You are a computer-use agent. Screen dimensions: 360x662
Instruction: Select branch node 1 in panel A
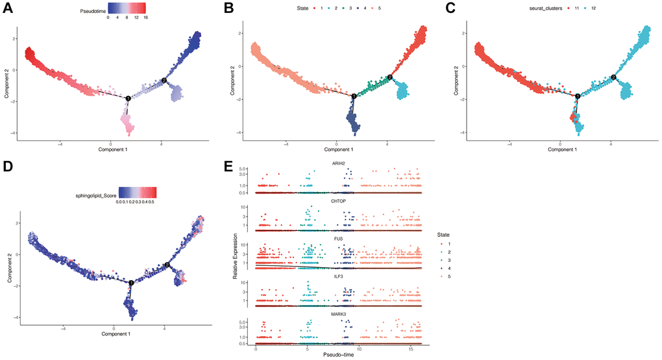(x=129, y=98)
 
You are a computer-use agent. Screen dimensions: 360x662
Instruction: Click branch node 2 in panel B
(x=390, y=77)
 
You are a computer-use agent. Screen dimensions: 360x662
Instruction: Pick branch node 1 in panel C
(x=578, y=95)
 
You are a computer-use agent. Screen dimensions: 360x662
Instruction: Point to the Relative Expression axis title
(x=235, y=257)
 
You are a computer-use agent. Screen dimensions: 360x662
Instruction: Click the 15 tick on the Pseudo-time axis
(x=411, y=348)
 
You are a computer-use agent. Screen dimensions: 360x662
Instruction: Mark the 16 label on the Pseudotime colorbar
(x=145, y=18)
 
